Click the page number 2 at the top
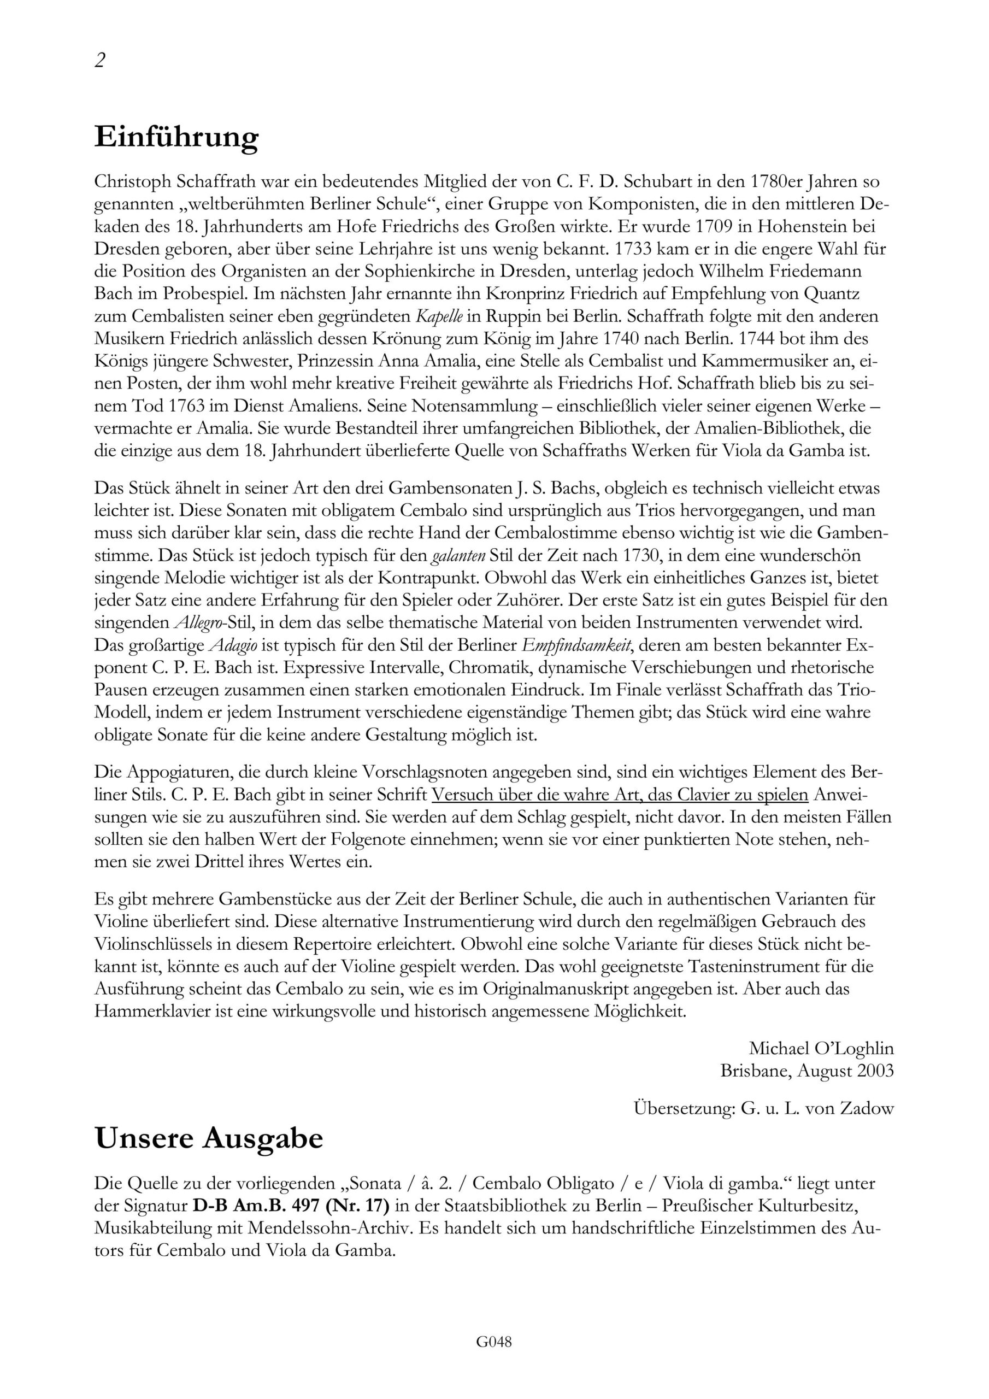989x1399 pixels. coord(101,60)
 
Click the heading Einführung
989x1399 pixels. coord(176,137)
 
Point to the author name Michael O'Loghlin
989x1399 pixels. coord(821,1049)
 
